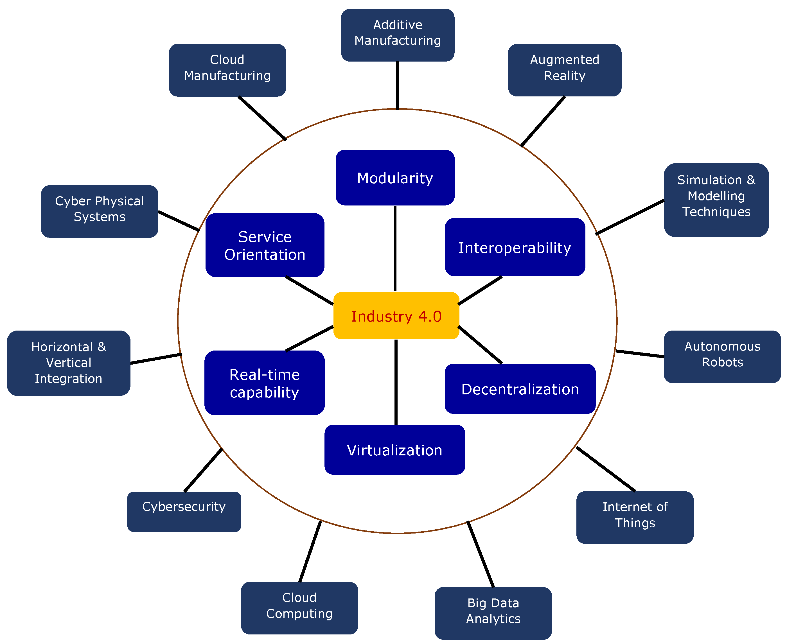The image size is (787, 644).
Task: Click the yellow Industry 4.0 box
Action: tap(396, 316)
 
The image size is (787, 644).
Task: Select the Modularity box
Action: tap(395, 178)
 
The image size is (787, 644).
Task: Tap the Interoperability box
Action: tap(515, 247)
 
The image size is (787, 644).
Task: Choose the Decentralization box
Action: tap(520, 389)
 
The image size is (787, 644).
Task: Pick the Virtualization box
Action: tap(394, 449)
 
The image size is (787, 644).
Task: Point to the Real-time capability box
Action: tap(264, 383)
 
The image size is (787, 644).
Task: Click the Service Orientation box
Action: tap(265, 245)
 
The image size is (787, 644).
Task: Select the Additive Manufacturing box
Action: tap(397, 35)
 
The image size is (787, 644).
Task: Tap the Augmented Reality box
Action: tap(564, 70)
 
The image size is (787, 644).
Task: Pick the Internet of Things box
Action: tap(635, 518)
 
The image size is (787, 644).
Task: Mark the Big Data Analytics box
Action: tap(493, 613)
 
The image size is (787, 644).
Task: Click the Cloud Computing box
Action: tap(299, 608)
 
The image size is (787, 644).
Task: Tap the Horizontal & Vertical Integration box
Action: tap(69, 363)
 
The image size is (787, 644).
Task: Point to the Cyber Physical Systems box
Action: tap(100, 211)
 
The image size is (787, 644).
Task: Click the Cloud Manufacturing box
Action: tap(227, 70)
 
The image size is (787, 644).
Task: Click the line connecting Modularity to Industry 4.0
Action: tap(395, 248)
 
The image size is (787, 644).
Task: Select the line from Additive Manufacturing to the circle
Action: tap(397, 85)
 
